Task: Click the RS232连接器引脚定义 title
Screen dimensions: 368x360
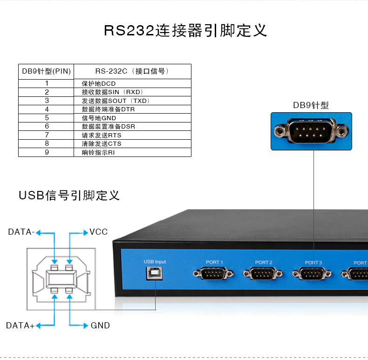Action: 185,31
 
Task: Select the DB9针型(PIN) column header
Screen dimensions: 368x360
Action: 46,71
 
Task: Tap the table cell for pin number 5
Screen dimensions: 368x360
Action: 46,118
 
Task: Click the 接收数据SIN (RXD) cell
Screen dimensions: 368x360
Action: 133,92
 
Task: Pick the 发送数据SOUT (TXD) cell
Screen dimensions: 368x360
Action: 133,101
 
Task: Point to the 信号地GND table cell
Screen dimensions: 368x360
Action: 133,118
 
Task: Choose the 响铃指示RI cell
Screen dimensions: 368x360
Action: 133,153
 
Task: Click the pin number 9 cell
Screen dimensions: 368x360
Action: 46,152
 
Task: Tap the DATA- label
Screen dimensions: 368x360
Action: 21,232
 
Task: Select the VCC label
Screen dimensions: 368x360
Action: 99,232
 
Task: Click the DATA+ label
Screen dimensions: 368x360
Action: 20,326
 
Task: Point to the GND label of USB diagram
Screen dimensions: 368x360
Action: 100,326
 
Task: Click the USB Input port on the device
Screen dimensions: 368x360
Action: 155,274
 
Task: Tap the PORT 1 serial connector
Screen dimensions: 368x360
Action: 213,273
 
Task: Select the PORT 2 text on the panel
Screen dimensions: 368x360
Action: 264,262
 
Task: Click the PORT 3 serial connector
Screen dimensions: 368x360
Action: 312,274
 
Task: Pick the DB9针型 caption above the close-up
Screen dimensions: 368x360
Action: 311,105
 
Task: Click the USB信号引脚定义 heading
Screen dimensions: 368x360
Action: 69,195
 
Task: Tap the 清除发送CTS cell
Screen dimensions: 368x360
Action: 133,143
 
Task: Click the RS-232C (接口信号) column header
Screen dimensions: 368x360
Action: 133,71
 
